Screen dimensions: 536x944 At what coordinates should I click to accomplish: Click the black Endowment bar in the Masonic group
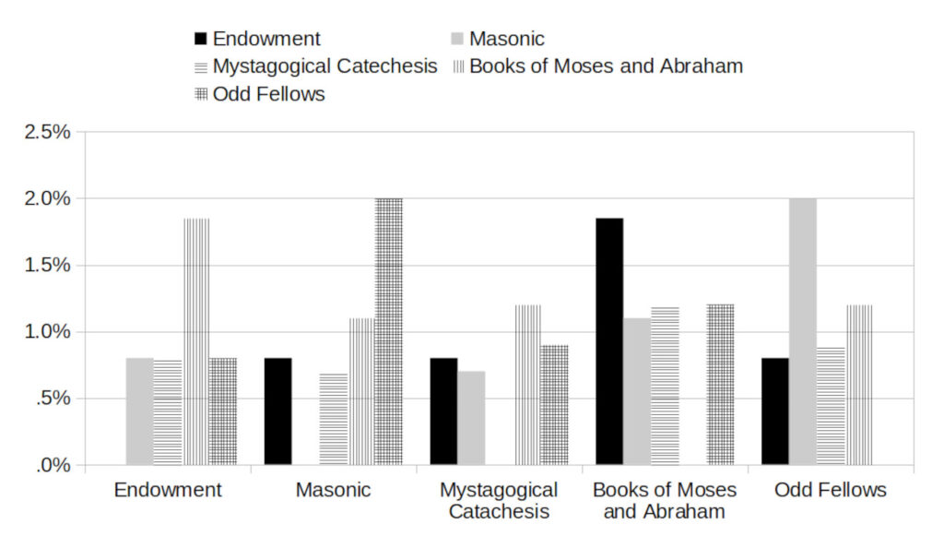click(277, 411)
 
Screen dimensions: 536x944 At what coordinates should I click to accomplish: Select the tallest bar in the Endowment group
click(195, 341)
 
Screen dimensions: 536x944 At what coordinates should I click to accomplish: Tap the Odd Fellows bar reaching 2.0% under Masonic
click(388, 331)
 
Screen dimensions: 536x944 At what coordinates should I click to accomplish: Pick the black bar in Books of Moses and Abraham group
click(609, 341)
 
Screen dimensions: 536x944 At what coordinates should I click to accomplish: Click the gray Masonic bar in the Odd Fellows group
click(803, 331)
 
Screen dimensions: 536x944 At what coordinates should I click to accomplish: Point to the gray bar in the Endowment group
click(139, 411)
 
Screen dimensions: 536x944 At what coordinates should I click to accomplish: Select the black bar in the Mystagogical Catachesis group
click(443, 411)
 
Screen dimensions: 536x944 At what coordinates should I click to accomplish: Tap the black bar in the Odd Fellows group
click(775, 411)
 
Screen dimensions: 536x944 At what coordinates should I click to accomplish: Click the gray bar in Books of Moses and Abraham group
click(637, 391)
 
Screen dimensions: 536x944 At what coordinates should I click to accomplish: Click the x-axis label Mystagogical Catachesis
click(499, 500)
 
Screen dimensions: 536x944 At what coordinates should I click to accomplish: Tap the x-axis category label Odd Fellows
click(831, 490)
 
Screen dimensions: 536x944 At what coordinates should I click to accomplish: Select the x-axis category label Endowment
click(168, 490)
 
